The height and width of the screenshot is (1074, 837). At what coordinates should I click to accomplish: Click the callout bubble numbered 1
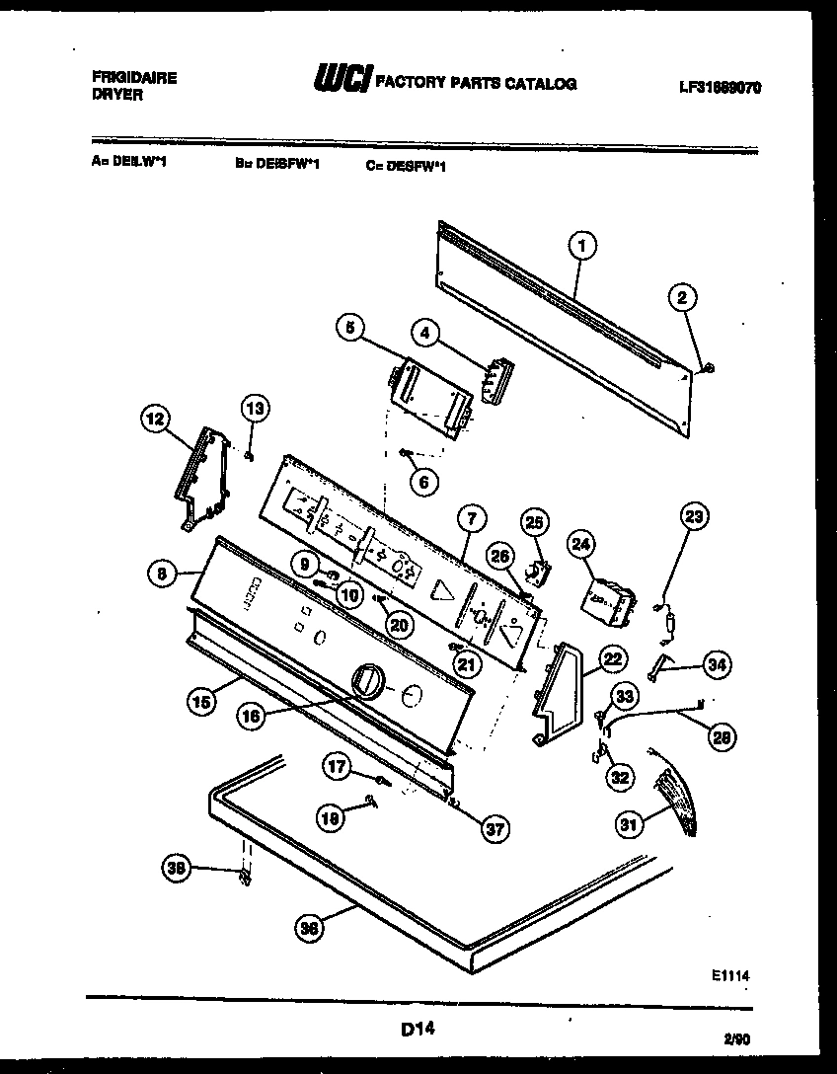point(582,245)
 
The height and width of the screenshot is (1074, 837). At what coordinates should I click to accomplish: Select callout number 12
point(153,421)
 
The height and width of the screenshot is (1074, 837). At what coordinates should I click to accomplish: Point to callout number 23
point(694,515)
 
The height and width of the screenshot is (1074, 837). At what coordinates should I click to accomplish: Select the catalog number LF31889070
point(720,87)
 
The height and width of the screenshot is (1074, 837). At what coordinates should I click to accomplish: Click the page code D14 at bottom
point(418,1030)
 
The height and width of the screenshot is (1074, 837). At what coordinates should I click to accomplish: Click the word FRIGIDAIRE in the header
point(133,78)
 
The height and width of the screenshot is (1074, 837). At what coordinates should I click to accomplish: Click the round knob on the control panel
point(367,681)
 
